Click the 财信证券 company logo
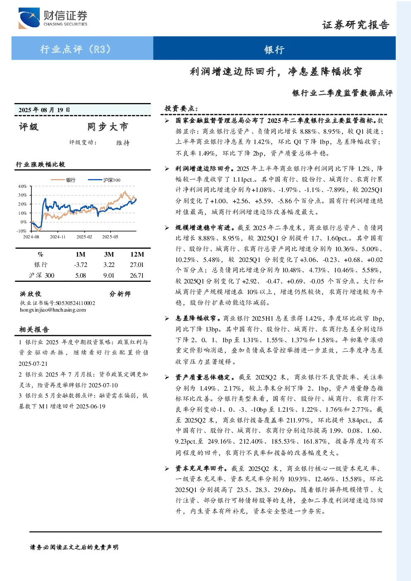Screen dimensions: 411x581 coord(53,18)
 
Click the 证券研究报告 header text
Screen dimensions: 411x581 coord(356,25)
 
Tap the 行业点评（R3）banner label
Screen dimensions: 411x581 coord(75,49)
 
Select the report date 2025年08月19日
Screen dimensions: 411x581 coord(44,110)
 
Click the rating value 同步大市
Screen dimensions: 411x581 coord(108,127)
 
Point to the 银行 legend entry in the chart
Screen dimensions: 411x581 coord(63,180)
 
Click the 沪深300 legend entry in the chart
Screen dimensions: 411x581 coord(104,180)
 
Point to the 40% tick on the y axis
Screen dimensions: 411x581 coord(22,186)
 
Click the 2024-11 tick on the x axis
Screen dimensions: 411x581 coord(58,237)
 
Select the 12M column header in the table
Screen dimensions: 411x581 coord(137,254)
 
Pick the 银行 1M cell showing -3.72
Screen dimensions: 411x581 coord(80,265)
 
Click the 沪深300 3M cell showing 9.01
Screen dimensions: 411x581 coord(109,276)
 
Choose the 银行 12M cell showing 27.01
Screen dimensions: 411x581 coord(137,265)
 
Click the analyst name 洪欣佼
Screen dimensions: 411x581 coord(31,294)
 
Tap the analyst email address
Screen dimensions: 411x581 coord(53,310)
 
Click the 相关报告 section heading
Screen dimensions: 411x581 coord(34,329)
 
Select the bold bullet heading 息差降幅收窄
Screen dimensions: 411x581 coord(198,318)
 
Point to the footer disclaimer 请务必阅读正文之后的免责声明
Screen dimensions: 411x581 coord(74,547)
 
